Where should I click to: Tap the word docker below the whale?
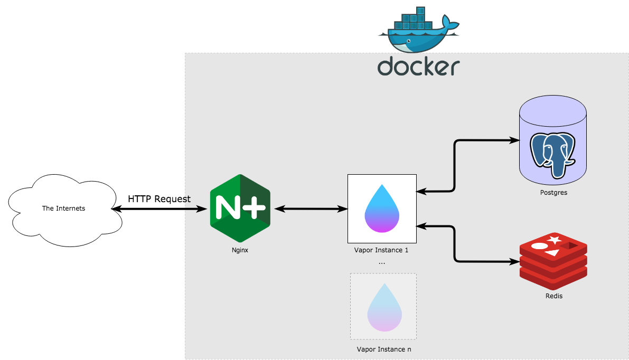coord(418,67)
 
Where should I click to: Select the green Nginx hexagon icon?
coord(240,209)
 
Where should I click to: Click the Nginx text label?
coord(240,250)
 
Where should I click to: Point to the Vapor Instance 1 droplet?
coord(382,209)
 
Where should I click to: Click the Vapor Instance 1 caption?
coord(381,250)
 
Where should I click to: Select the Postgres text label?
coord(553,193)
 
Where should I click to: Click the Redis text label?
coord(554,296)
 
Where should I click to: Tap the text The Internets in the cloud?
coord(63,209)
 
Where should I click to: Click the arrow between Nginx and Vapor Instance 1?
coord(308,209)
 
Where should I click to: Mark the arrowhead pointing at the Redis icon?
coord(513,261)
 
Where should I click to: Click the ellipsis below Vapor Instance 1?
coord(382,262)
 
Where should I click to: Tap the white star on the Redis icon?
coord(554,241)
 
